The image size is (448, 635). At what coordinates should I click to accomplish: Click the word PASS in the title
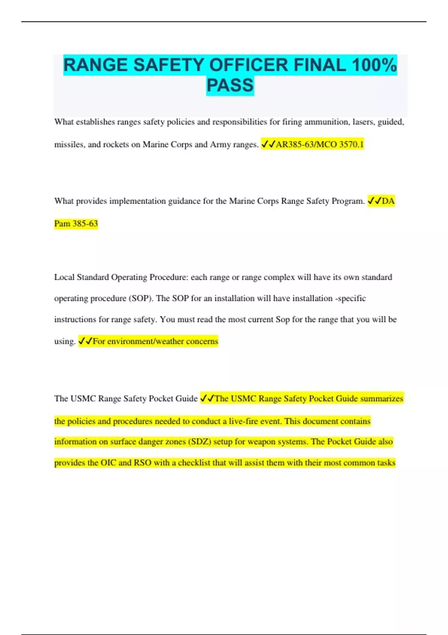(230, 85)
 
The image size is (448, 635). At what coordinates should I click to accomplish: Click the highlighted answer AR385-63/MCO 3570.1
(319, 144)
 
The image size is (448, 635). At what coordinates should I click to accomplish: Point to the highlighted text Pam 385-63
(76, 223)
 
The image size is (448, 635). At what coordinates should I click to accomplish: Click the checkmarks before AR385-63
(268, 144)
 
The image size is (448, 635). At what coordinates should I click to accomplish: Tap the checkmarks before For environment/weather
(85, 341)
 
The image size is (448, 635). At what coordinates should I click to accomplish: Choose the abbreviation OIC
(108, 462)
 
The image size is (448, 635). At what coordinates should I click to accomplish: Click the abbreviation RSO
(143, 462)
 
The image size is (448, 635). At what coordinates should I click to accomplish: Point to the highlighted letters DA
(388, 201)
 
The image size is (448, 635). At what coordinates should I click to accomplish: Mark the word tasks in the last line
(386, 462)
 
